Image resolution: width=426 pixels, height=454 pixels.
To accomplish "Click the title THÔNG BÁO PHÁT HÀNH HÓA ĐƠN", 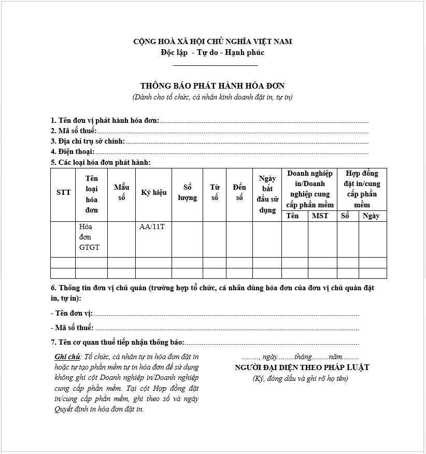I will (x=212, y=86).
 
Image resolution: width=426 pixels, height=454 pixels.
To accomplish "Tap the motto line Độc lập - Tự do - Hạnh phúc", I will (x=212, y=52).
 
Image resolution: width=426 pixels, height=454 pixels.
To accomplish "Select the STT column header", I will (x=63, y=192).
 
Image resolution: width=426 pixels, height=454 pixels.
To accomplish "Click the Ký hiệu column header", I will (x=153, y=192).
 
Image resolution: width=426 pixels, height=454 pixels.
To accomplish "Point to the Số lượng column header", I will (x=187, y=192).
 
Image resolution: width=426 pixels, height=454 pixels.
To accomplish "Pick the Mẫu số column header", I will (x=121, y=192).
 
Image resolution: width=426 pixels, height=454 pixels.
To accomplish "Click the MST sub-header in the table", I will (x=320, y=216).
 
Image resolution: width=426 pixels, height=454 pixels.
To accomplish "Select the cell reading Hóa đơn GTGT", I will (x=89, y=237).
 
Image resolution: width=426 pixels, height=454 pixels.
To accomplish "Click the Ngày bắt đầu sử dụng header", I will (x=267, y=194).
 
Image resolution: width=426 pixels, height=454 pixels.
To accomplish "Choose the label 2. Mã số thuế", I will (x=74, y=131).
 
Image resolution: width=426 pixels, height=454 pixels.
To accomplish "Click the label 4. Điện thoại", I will (x=73, y=151).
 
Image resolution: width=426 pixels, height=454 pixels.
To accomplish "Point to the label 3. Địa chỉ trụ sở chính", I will (x=88, y=141).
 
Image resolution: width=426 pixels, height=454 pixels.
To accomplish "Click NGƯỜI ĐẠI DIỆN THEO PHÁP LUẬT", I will (x=302, y=367).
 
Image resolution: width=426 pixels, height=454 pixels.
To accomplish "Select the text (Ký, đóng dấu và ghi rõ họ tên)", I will (x=301, y=378).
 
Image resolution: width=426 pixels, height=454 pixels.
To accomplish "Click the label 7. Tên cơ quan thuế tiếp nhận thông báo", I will (x=118, y=343).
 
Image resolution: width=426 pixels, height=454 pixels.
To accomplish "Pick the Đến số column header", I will (x=239, y=192).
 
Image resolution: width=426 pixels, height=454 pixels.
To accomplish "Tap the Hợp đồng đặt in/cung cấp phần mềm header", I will (x=362, y=189).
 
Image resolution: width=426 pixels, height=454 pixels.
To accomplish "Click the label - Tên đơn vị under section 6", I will (x=72, y=314).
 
